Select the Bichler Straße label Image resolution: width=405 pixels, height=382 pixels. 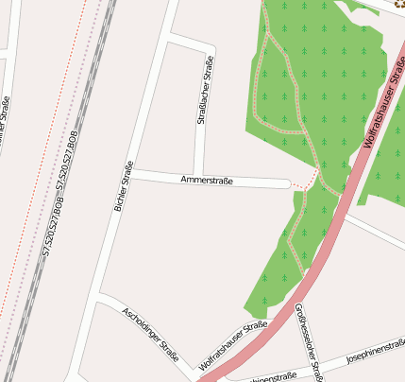(x=122, y=185)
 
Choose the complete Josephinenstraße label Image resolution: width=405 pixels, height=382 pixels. (x=376, y=352)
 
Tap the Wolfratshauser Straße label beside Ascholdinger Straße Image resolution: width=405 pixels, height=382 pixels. (x=233, y=346)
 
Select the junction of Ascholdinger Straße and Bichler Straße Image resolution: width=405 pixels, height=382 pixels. (x=101, y=298)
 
